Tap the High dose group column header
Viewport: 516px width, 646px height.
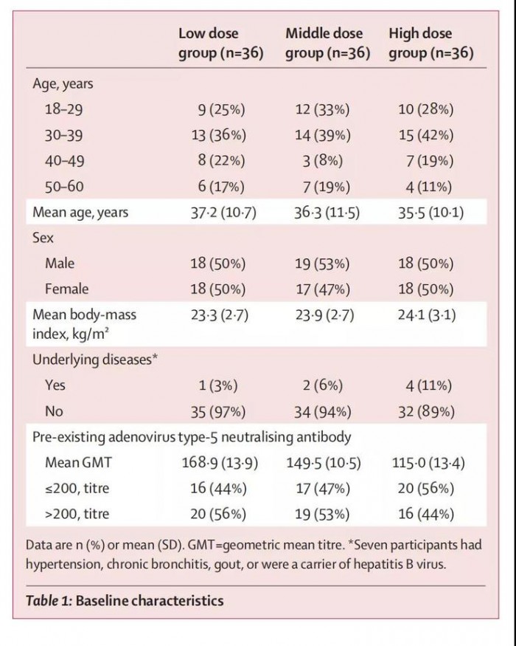tap(430, 44)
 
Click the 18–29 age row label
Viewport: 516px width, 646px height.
tap(65, 110)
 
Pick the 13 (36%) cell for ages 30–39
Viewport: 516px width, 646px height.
tap(220, 136)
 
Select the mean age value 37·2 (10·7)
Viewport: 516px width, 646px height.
tap(217, 213)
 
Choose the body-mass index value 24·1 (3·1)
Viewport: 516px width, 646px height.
tap(426, 315)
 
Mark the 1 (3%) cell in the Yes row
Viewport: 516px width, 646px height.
tap(224, 385)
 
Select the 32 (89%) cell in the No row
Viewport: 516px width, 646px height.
tap(428, 411)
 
